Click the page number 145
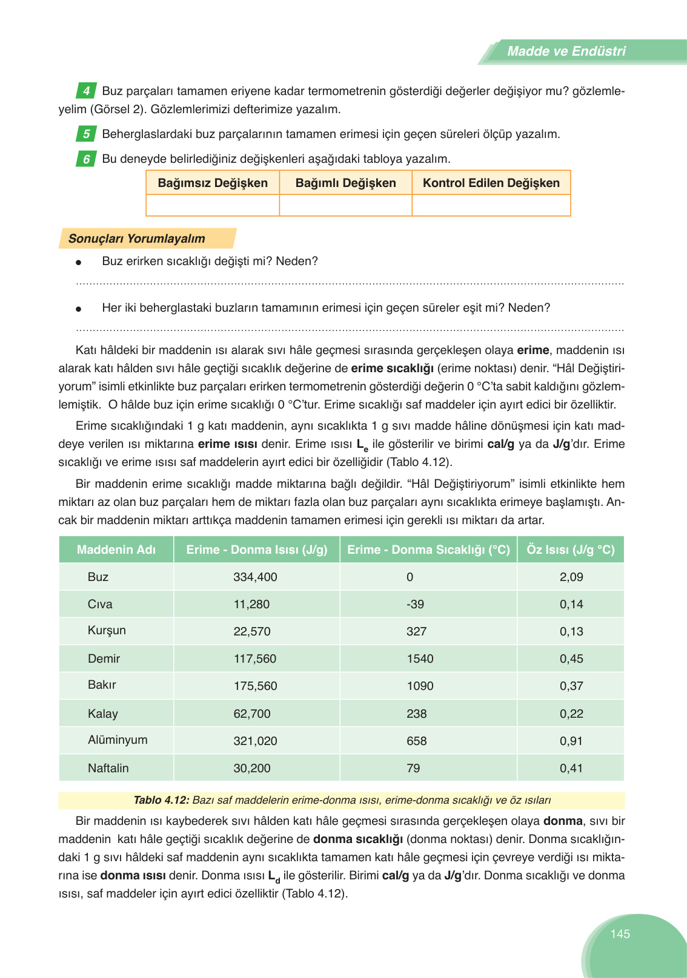pyautogui.click(x=620, y=934)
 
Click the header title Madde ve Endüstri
pyautogui.click(x=566, y=51)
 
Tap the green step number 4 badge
pyautogui.click(x=86, y=91)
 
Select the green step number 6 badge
pyautogui.click(x=86, y=159)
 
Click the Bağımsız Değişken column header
pyautogui.click(x=213, y=183)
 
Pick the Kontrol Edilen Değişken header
pyautogui.click(x=491, y=183)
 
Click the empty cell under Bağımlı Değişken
pyautogui.click(x=345, y=205)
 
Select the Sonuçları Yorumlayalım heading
pyautogui.click(x=136, y=238)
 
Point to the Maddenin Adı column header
pyautogui.click(x=116, y=550)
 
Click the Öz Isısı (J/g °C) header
pyautogui.click(x=570, y=550)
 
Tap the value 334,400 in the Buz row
pyautogui.click(x=255, y=577)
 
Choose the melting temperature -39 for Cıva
pyautogui.click(x=415, y=604)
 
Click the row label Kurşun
pyautogui.click(x=107, y=630)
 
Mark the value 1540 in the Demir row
pyautogui.click(x=420, y=658)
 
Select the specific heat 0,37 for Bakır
pyautogui.click(x=571, y=686)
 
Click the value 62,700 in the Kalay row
pyautogui.click(x=252, y=714)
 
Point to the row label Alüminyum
pyautogui.click(x=118, y=740)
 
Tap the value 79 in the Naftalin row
pyautogui.click(x=413, y=768)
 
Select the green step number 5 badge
pyautogui.click(x=86, y=134)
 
